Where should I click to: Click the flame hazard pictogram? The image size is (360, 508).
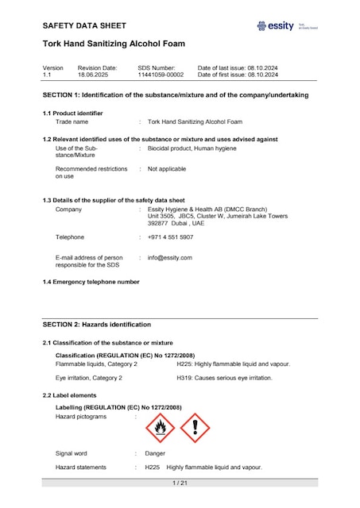[x=161, y=429]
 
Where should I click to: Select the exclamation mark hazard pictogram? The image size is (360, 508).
[x=195, y=429]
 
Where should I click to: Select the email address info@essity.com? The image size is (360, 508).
[x=170, y=257]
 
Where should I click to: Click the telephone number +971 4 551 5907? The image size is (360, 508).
[x=170, y=237]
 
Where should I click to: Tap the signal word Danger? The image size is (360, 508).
[x=155, y=453]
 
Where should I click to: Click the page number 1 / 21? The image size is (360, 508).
[x=180, y=483]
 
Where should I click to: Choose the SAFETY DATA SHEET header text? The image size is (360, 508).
[x=84, y=26]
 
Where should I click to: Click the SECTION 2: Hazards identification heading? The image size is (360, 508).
[x=96, y=324]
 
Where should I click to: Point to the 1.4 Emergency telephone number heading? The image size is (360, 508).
[x=91, y=282]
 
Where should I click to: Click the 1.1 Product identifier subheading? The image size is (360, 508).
[x=73, y=114]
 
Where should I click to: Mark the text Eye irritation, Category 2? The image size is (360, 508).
[x=89, y=378]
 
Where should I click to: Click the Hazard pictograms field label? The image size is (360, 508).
[x=80, y=416]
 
